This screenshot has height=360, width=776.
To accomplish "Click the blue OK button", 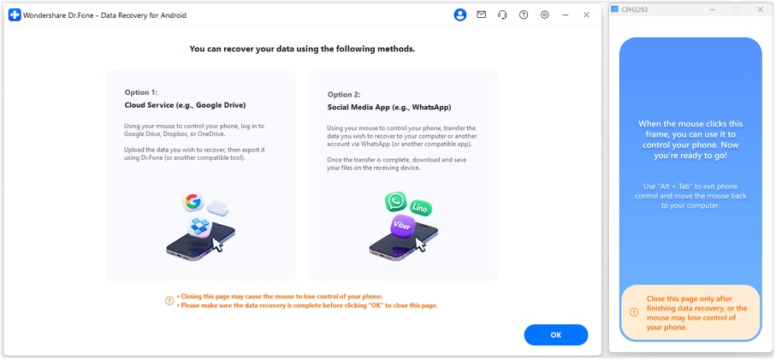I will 555,335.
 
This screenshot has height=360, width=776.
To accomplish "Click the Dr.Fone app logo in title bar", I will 15,15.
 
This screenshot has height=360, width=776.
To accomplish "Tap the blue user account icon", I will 460,15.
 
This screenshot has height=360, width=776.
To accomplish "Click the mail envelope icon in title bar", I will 482,15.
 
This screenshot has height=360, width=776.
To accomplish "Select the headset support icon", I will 502,15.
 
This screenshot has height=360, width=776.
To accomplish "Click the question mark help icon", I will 524,15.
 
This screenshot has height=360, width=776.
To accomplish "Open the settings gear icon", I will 545,15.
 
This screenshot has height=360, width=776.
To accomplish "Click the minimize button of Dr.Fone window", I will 566,15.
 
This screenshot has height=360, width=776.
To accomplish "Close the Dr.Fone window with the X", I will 586,15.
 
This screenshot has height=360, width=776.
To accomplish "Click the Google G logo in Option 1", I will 193,203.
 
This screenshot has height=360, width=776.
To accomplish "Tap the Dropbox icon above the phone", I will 200,226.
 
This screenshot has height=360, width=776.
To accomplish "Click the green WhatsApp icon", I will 395,202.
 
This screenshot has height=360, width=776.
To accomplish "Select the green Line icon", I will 420,208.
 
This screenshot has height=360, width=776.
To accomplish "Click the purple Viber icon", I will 402,226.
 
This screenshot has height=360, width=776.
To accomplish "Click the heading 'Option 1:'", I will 140,92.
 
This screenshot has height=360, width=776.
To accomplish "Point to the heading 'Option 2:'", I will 343,95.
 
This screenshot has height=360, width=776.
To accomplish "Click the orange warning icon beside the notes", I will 169,301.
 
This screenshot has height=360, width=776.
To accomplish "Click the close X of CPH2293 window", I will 761,9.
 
